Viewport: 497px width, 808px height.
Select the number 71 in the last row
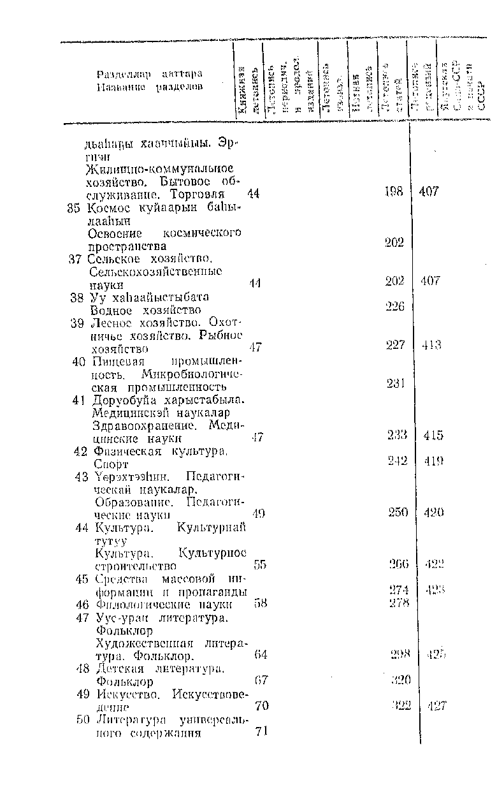[260, 731]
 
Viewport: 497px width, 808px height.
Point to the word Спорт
[112, 465]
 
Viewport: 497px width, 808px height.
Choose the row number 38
[78, 297]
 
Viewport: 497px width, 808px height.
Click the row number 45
[80, 579]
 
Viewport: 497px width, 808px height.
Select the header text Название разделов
[150, 86]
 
